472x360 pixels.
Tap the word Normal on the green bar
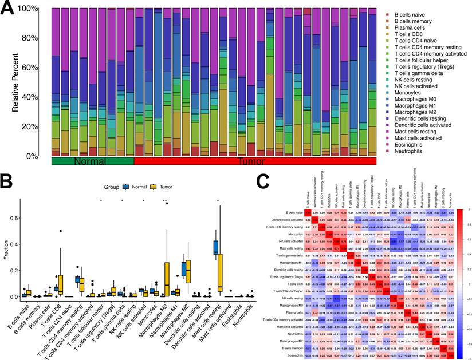(x=92, y=163)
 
